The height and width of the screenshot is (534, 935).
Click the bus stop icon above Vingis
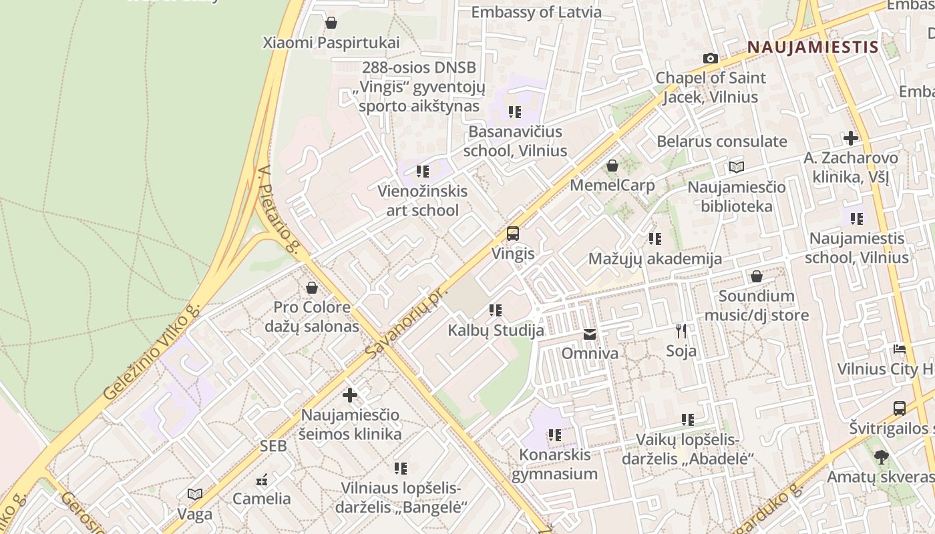[x=512, y=234]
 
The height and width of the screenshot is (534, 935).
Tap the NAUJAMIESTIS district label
[x=812, y=47]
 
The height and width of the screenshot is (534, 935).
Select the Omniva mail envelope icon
[x=590, y=334]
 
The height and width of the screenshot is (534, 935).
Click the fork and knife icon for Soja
[x=681, y=330]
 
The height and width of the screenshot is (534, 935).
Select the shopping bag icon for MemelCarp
[x=612, y=166]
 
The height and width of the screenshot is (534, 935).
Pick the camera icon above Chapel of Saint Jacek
[x=711, y=59]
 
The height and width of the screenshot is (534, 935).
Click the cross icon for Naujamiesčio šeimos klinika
[x=350, y=395]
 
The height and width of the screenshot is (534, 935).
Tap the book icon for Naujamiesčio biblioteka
[x=737, y=167]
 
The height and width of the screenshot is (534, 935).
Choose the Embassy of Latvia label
[x=536, y=12]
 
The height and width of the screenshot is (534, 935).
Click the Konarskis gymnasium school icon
[x=555, y=435]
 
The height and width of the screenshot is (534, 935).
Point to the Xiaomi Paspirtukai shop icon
[x=331, y=23]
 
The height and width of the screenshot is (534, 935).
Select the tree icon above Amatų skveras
[x=882, y=457]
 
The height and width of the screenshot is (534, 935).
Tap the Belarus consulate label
[x=722, y=142]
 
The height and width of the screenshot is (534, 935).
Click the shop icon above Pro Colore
[x=312, y=288]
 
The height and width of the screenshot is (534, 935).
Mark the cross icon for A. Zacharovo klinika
[x=851, y=138]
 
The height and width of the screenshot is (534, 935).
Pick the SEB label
[x=273, y=446]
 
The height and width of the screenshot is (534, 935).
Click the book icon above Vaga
[x=195, y=494]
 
